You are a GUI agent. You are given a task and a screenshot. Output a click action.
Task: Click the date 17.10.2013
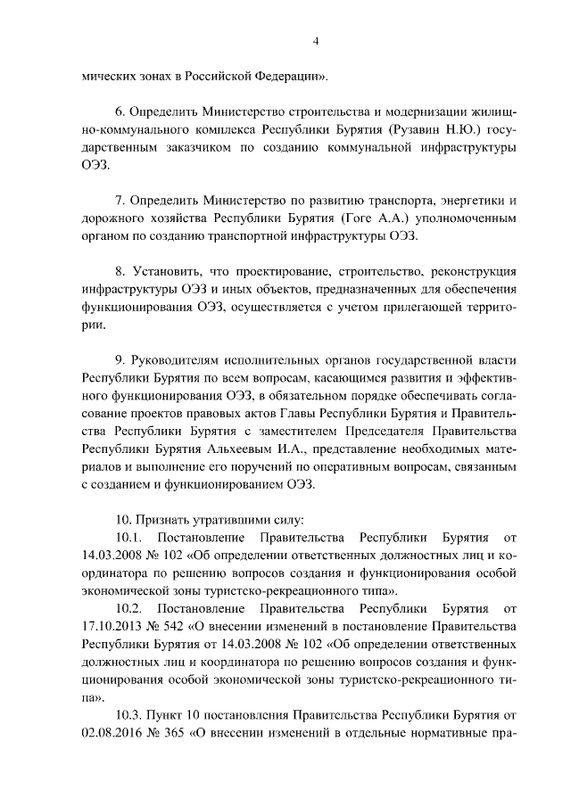coord(110,625)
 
